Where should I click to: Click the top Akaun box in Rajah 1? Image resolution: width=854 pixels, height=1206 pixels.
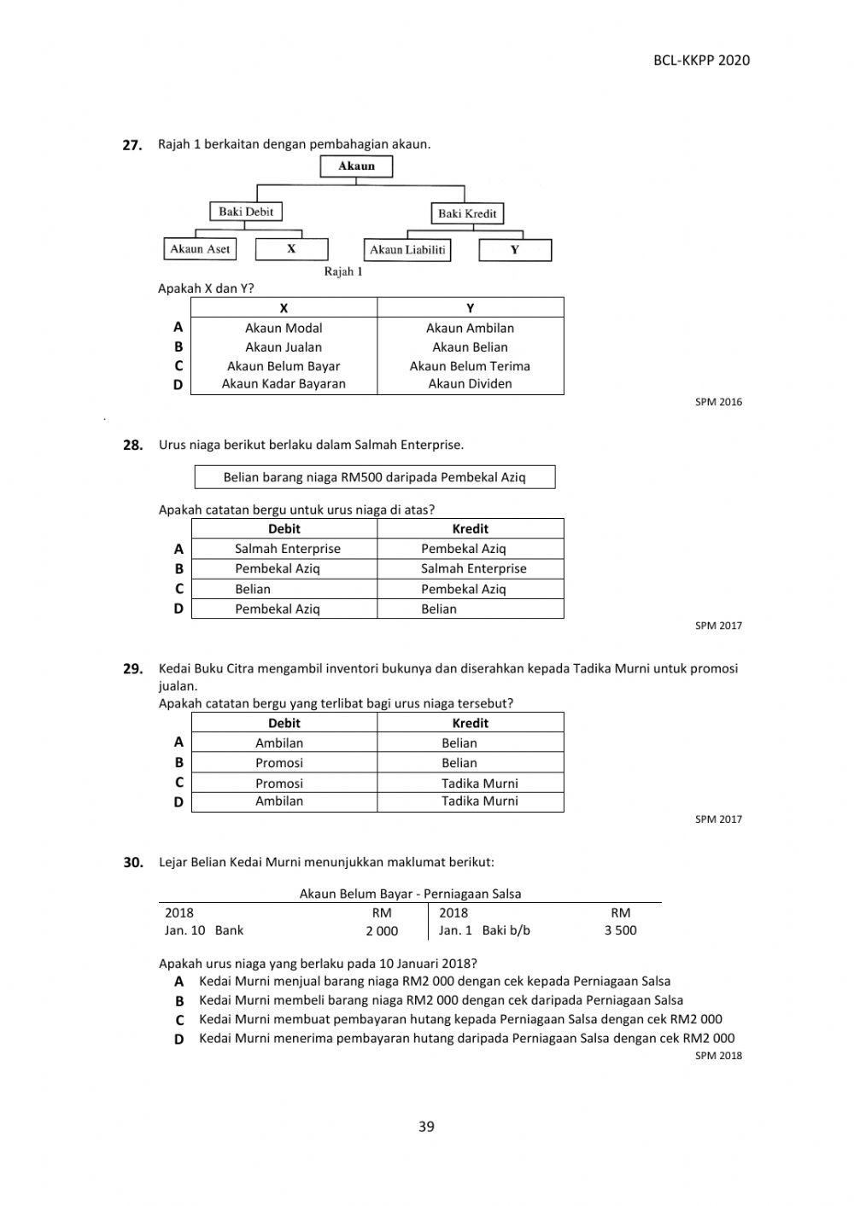(356, 166)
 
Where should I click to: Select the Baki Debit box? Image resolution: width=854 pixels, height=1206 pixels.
(246, 212)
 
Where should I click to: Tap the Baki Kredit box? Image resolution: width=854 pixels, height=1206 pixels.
(467, 213)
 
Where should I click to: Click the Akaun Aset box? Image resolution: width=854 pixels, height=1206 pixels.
(200, 249)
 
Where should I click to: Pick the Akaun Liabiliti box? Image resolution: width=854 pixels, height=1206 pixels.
(407, 250)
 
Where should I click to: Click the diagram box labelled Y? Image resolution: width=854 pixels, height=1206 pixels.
(515, 250)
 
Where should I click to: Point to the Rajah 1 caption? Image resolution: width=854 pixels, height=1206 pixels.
(343, 271)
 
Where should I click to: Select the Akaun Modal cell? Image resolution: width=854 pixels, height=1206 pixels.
(284, 328)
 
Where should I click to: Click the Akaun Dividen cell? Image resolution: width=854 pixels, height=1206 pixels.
(470, 384)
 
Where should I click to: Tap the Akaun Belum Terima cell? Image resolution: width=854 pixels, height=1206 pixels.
(470, 366)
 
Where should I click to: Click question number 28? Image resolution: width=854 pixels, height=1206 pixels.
(132, 445)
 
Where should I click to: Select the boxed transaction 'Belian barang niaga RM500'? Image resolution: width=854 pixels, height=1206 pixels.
(375, 477)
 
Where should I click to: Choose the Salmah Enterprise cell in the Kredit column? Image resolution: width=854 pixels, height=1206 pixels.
(473, 568)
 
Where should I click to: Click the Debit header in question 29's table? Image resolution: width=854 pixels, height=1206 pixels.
(284, 723)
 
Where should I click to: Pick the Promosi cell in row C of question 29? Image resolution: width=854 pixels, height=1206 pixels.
(279, 783)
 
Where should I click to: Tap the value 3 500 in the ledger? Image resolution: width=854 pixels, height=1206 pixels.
(620, 930)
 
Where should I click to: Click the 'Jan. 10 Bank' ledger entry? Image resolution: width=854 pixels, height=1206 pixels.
(204, 930)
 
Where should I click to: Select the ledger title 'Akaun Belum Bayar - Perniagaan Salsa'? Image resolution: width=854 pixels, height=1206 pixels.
(410, 894)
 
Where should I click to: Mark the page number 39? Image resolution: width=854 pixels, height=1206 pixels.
(426, 1127)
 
